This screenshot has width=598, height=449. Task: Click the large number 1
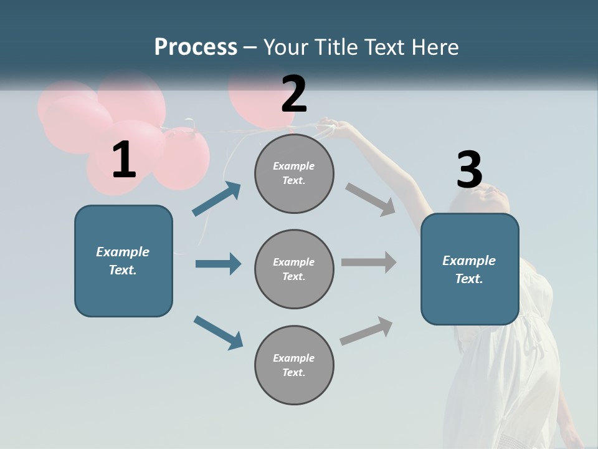124,160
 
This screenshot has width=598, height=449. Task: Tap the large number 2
294,94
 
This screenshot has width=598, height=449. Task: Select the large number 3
469,170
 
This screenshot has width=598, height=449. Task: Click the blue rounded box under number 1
123,261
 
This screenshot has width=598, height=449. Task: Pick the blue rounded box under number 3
470,269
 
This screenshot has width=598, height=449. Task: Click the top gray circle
294,173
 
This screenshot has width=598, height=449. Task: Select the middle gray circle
294,269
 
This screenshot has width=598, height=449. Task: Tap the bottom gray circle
294,365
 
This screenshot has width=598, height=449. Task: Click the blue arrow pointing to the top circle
217,198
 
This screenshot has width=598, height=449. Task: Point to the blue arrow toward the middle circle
218,264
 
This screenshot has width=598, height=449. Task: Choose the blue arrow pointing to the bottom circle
218,332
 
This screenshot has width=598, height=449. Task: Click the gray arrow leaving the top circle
370,199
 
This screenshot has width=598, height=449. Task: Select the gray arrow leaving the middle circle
369,262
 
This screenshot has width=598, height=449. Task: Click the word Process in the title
196,47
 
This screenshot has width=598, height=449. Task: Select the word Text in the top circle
293,181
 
